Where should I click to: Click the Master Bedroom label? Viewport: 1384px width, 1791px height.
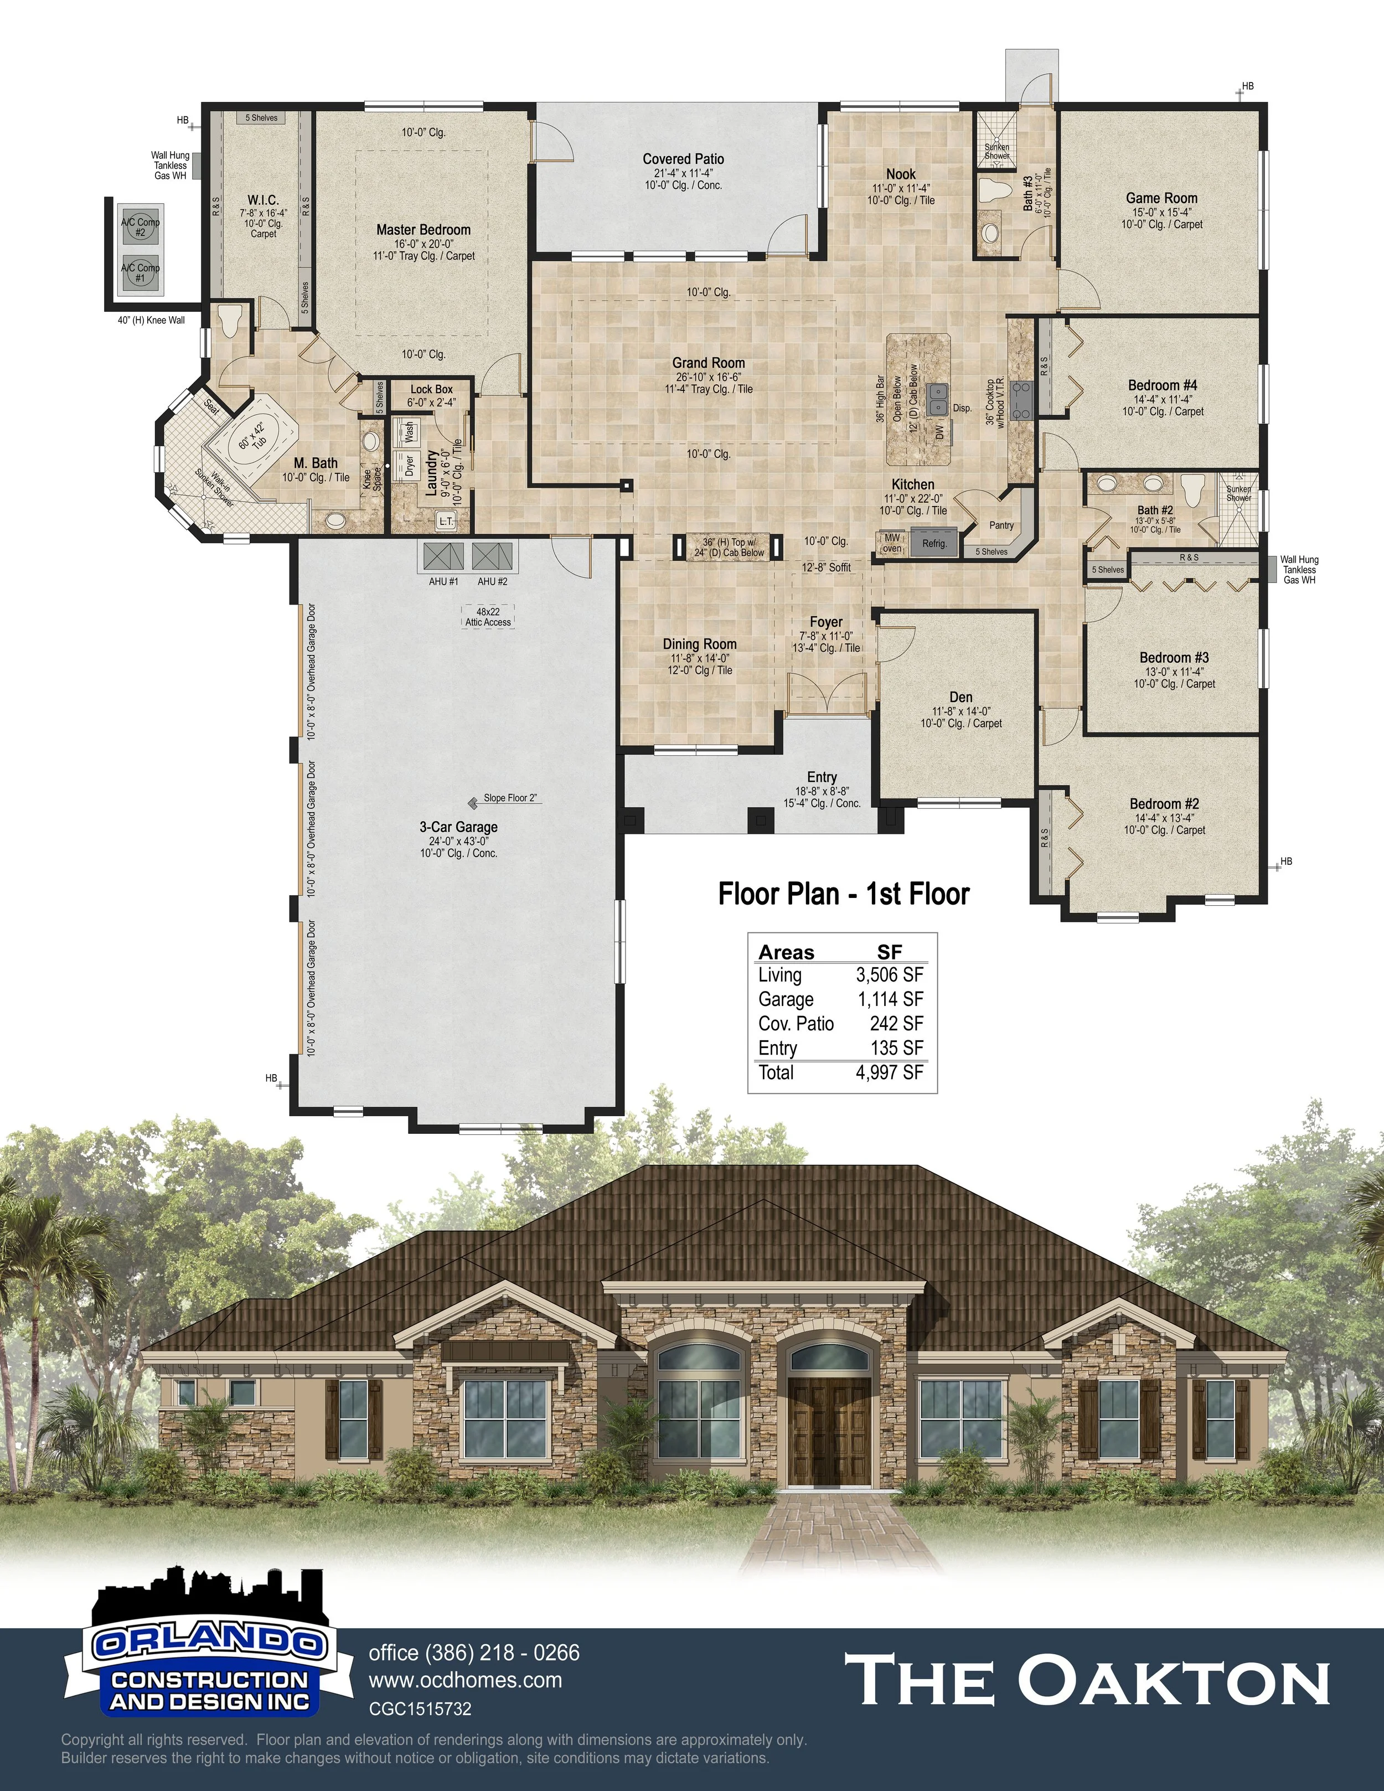click(x=423, y=230)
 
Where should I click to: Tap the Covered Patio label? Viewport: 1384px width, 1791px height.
click(x=683, y=159)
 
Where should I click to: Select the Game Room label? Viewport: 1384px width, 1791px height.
click(x=1161, y=198)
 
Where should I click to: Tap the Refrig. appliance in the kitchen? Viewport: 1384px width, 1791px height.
click(x=934, y=544)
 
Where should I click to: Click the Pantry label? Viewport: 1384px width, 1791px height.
click(x=1001, y=525)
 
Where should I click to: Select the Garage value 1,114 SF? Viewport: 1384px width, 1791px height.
click(x=890, y=999)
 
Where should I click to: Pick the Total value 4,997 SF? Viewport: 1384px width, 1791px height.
click(x=890, y=1072)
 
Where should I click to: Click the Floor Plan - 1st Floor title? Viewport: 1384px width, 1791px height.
click(x=844, y=894)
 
